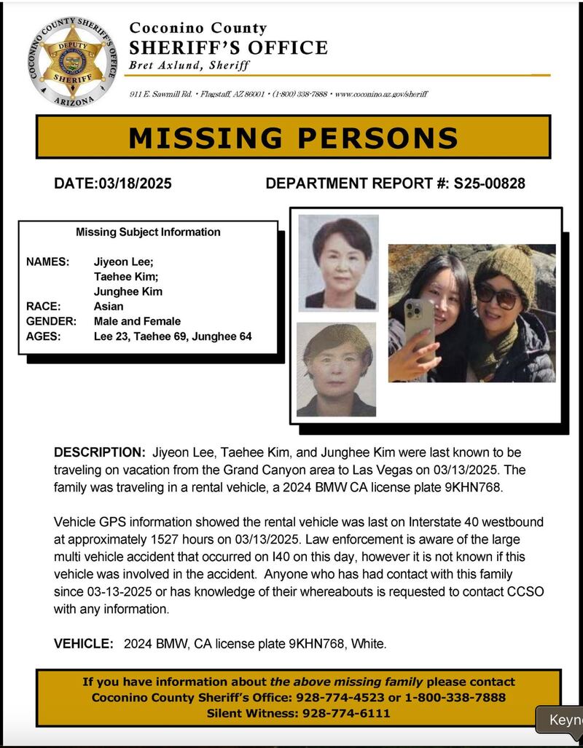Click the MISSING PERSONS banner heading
click(293, 138)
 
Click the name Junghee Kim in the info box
click(128, 291)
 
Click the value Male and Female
click(137, 321)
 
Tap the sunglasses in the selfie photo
click(498, 295)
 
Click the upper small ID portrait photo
click(338, 262)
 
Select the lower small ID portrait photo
click(336, 369)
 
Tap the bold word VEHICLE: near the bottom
click(83, 644)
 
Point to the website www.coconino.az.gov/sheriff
click(381, 94)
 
